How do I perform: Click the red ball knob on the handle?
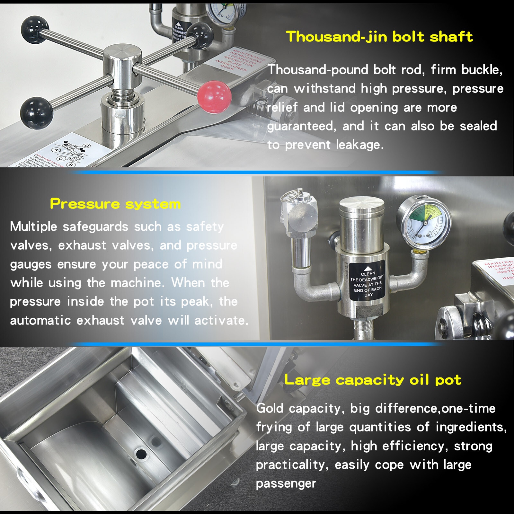tap(214, 97)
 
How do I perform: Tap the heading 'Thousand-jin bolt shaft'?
tap(379, 37)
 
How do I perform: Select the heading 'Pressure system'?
tap(115, 204)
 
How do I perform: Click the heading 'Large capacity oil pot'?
tap(373, 380)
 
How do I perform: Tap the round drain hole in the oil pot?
tap(141, 454)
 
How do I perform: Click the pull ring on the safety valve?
tap(295, 194)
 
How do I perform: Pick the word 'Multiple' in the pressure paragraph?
tap(33, 227)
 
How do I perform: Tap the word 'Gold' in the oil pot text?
tap(270, 409)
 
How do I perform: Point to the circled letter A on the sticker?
tap(57, 150)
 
